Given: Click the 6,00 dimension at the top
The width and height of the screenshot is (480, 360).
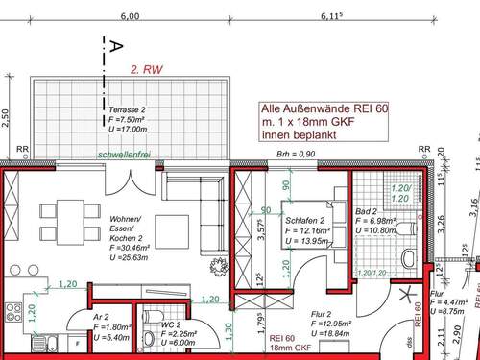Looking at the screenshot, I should pyautogui.click(x=130, y=16).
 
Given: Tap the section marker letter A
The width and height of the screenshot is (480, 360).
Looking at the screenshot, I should pyautogui.click(x=114, y=45).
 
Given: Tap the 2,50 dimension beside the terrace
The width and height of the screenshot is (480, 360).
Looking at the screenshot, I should pyautogui.click(x=5, y=116).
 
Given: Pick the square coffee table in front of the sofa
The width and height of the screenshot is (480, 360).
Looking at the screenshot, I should pyautogui.click(x=173, y=228).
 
